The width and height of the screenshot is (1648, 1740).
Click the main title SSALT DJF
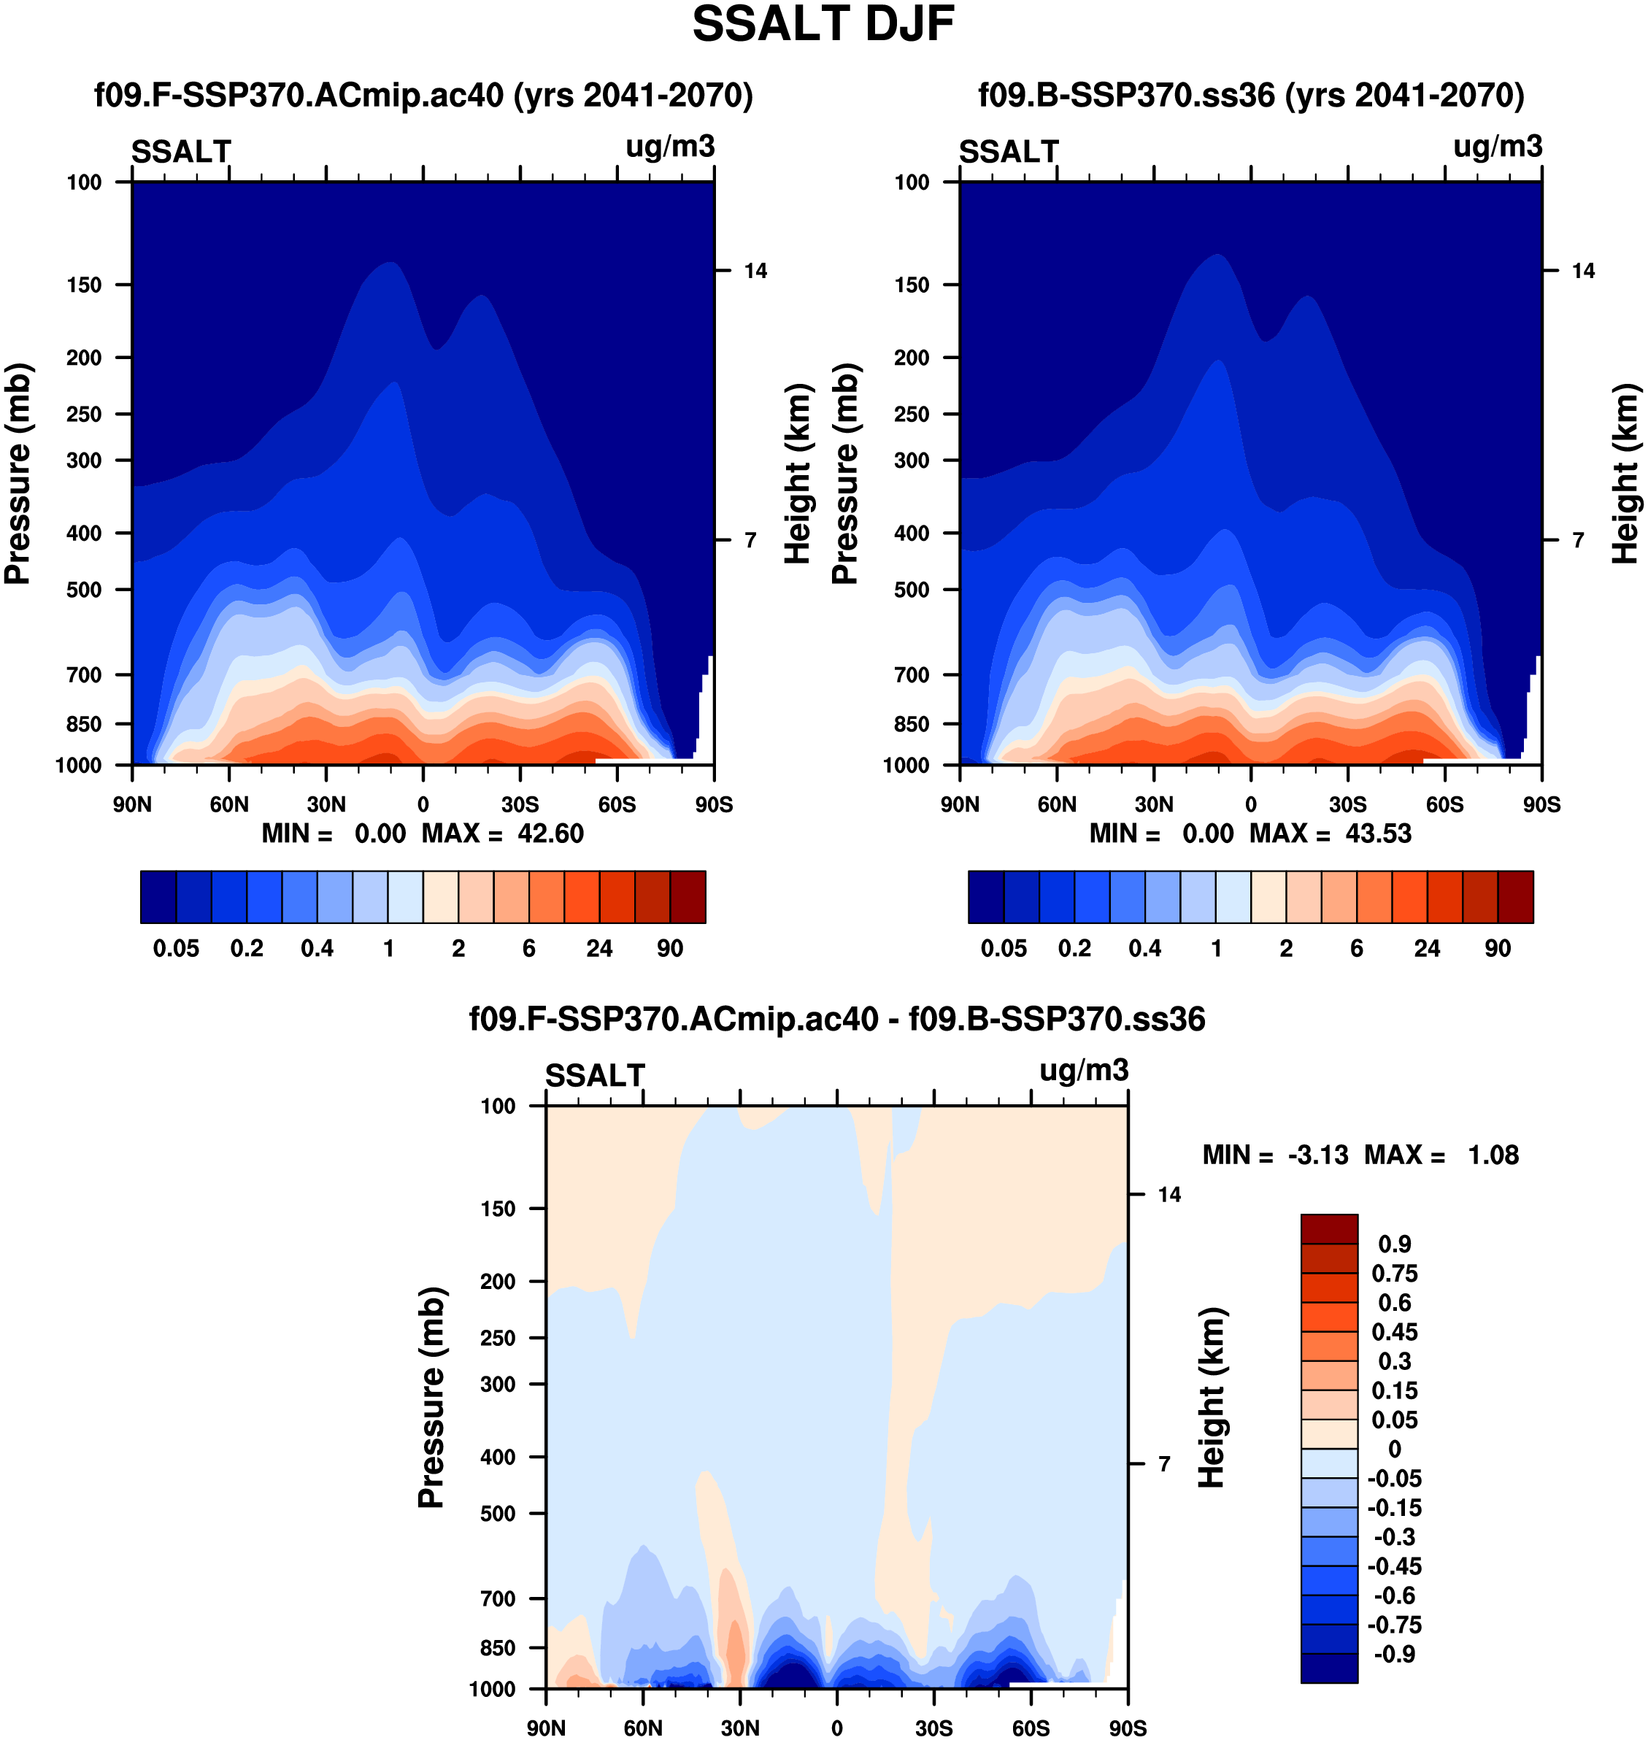[x=823, y=25]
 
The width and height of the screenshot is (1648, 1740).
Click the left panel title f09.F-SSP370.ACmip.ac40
[x=423, y=95]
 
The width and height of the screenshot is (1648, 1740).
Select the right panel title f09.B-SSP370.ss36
[x=1251, y=95]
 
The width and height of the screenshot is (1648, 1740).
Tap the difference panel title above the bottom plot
[x=836, y=1019]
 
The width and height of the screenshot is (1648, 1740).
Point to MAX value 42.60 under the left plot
[x=550, y=834]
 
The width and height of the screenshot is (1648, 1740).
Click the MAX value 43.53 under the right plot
[x=1378, y=834]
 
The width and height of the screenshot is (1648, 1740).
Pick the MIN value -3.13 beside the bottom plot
[x=1317, y=1155]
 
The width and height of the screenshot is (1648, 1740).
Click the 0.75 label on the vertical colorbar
[x=1394, y=1273]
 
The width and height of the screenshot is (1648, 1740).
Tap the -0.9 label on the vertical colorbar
[x=1393, y=1654]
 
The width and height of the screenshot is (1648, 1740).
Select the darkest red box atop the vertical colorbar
[x=1329, y=1229]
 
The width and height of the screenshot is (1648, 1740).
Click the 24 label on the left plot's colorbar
[x=599, y=949]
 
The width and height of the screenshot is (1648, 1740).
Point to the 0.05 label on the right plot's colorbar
[x=1004, y=949]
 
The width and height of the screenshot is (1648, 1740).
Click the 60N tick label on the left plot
[x=229, y=804]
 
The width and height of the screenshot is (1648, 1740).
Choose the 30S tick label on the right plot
[x=1347, y=804]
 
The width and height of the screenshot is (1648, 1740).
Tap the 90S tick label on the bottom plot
[x=1127, y=1728]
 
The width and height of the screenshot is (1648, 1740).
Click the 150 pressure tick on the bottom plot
[x=497, y=1209]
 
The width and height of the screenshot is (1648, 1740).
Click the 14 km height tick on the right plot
[x=1583, y=271]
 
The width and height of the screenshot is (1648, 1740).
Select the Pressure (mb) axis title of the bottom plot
[x=431, y=1398]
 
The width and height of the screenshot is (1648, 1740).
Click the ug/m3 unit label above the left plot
[x=669, y=147]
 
